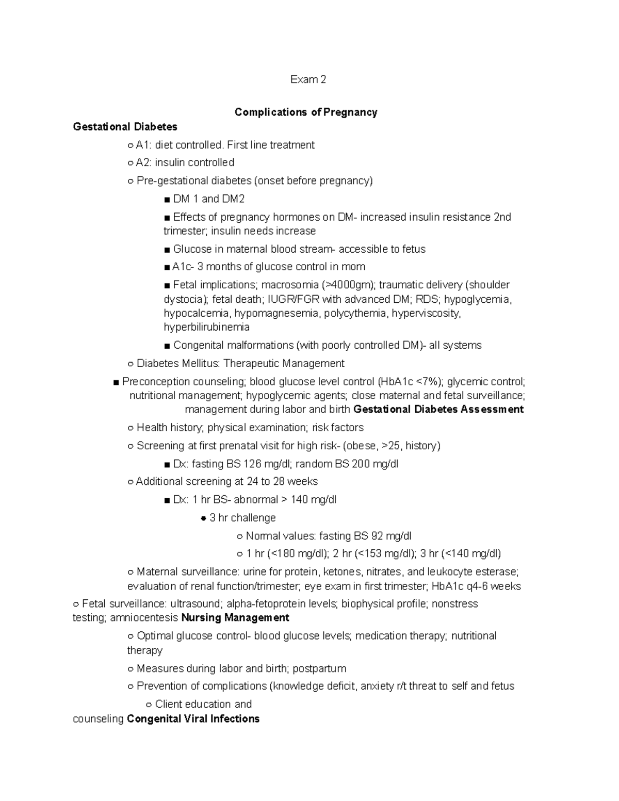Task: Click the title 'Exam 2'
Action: pos(308,79)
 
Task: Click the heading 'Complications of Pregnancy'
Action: pos(306,112)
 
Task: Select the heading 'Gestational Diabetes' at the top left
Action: pos(125,127)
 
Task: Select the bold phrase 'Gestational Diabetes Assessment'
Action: pos(438,410)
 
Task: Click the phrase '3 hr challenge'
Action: pos(242,517)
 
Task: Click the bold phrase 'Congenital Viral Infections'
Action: pos(193,718)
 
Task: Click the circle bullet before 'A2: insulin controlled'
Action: pos(130,163)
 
